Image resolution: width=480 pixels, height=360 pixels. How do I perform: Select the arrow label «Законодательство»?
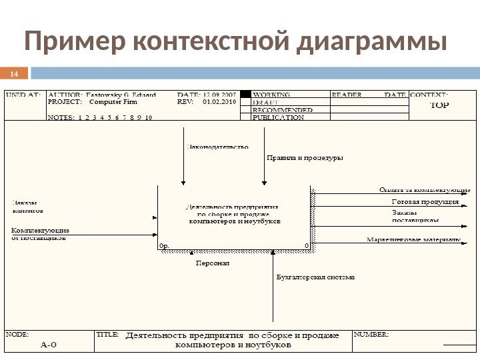[217, 146]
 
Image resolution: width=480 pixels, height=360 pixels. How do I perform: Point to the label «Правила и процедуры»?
[305, 158]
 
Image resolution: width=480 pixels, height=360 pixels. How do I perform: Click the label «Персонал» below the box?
[212, 263]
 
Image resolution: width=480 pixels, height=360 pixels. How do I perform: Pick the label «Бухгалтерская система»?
[315, 277]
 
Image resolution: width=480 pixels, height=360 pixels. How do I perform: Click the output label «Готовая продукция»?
[425, 201]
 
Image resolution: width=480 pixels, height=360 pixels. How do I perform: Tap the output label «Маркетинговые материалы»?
[413, 239]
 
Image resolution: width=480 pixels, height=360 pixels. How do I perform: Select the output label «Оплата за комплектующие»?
[425, 189]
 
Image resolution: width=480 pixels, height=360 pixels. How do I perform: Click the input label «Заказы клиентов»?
[27, 206]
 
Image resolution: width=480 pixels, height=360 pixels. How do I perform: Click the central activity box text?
[235, 213]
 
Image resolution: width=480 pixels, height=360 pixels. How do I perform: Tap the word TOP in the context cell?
[439, 105]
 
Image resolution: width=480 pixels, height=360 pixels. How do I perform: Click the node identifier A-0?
[49, 345]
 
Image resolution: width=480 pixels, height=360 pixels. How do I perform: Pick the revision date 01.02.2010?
[219, 103]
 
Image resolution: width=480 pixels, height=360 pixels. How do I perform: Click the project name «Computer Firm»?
[113, 103]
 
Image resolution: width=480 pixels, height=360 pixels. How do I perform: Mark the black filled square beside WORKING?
[245, 95]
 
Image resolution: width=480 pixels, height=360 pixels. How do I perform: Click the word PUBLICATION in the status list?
[278, 117]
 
